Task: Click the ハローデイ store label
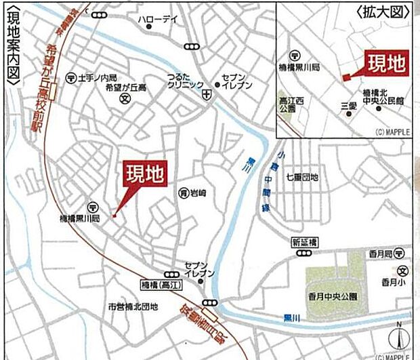(157, 20)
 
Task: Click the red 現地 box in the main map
(144, 175)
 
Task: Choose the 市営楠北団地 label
(133, 307)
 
